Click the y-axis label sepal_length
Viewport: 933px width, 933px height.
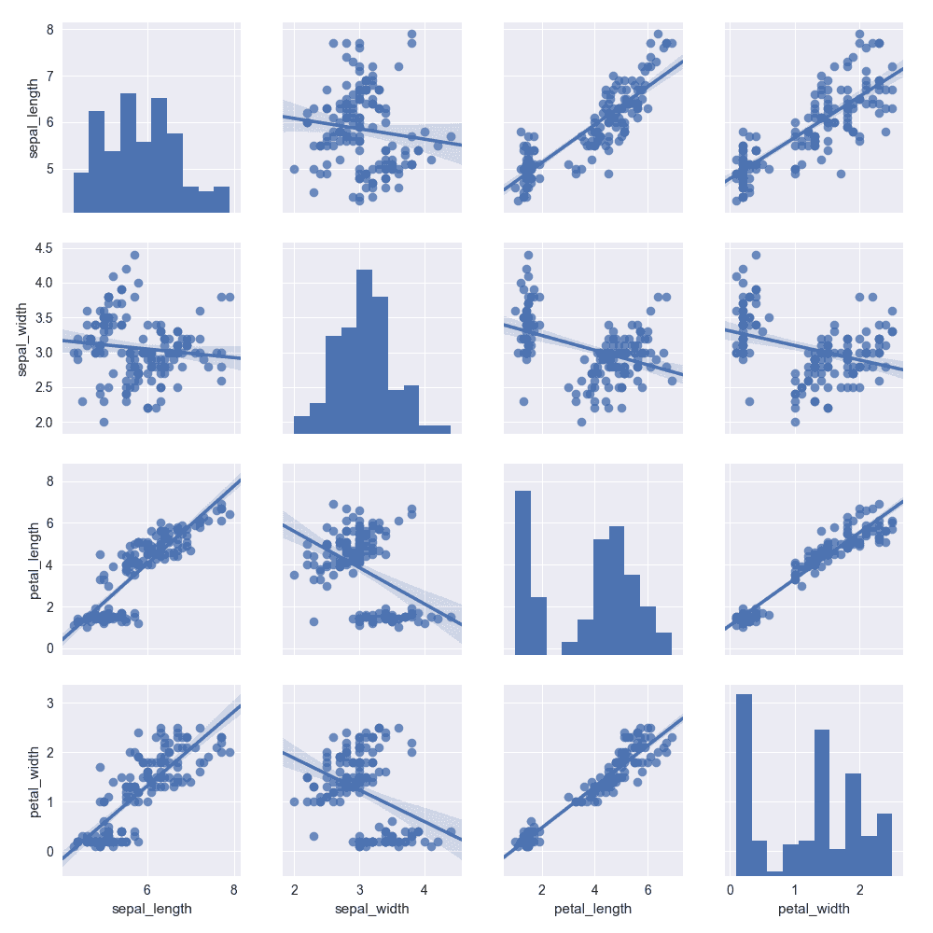coord(34,120)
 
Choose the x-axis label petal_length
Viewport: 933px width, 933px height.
coord(592,909)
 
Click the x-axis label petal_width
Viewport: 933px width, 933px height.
coord(814,909)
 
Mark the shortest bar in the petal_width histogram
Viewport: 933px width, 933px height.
coord(774,871)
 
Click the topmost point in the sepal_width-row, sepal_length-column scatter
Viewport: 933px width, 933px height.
coord(134,254)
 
